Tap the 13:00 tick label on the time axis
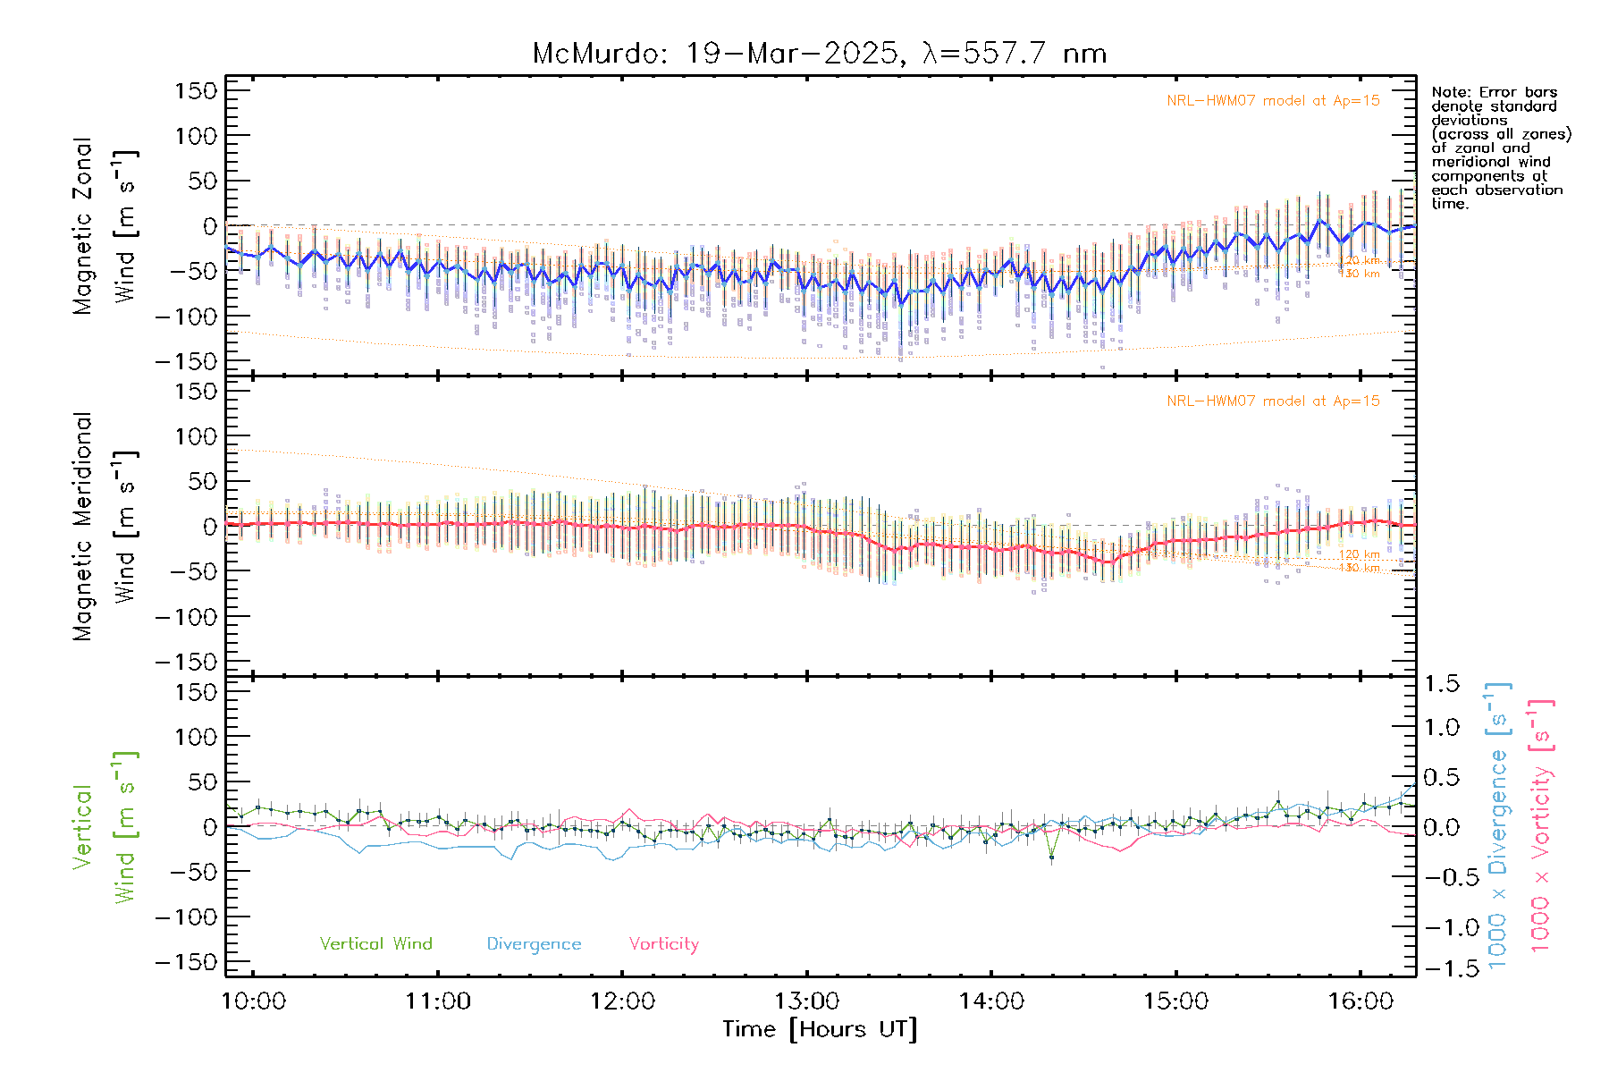point(806,1001)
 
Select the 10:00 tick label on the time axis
point(253,1001)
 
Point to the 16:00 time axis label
point(1360,1001)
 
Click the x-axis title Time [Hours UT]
point(820,1029)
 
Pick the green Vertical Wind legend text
point(375,944)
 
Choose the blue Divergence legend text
point(534,944)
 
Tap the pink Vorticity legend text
point(663,944)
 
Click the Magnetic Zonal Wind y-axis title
point(104,226)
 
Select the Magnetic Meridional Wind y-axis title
point(104,527)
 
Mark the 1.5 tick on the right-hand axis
point(1441,684)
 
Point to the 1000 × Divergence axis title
point(1498,825)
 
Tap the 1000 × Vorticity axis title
point(1540,825)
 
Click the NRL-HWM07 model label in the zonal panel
point(1273,101)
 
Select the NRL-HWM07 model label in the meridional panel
point(1273,401)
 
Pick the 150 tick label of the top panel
point(196,91)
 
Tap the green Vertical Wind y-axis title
point(104,827)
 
